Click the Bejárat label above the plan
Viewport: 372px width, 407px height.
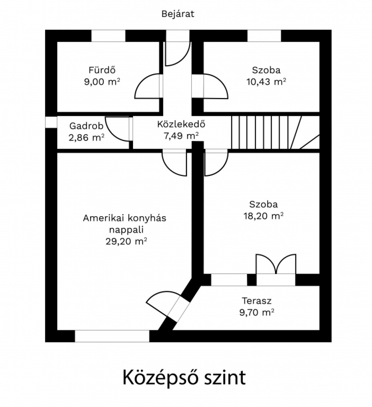(x=178, y=14)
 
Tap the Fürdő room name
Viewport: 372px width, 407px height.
(x=102, y=70)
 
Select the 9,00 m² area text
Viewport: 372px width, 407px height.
(x=102, y=82)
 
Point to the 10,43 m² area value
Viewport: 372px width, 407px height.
(x=266, y=82)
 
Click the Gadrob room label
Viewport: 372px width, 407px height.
(x=86, y=126)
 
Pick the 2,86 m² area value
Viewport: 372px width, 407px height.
(x=86, y=137)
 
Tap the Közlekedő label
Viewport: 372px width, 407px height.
(x=181, y=124)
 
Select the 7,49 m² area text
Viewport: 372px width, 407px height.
(x=181, y=136)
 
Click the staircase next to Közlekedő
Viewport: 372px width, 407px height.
(x=275, y=132)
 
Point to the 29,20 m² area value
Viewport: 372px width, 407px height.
(x=126, y=241)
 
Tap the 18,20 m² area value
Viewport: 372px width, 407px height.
(x=263, y=216)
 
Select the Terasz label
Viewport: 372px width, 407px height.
(x=257, y=301)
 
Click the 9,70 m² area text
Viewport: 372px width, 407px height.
(x=257, y=312)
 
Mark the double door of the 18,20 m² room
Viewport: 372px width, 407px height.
(x=276, y=264)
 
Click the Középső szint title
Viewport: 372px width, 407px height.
(x=184, y=378)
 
